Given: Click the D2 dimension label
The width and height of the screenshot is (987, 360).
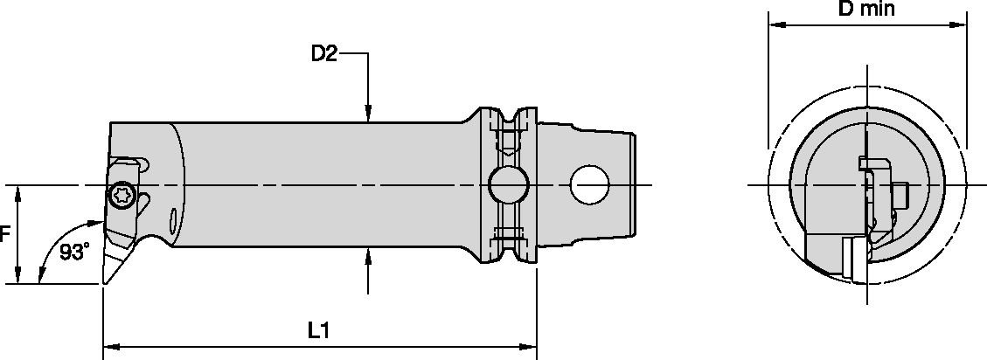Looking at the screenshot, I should (324, 54).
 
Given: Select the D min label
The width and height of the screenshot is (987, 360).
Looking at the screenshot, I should (865, 10).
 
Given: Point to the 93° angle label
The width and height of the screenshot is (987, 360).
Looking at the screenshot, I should (75, 253).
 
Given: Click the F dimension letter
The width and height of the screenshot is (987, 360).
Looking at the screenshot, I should (5, 234).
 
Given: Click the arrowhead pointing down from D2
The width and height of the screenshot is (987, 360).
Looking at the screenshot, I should (369, 113).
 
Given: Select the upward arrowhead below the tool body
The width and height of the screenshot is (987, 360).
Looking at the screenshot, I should (369, 255).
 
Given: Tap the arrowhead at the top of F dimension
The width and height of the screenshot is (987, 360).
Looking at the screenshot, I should (18, 191).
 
